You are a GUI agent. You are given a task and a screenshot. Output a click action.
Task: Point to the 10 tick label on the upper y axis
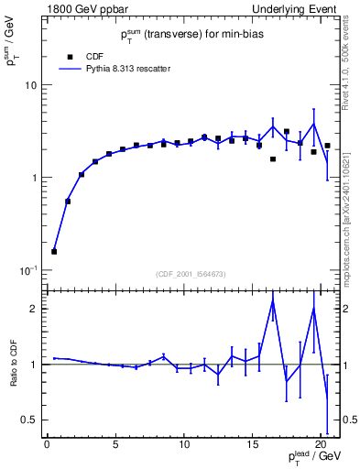30,85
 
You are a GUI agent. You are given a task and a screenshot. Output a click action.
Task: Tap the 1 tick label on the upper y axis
33,178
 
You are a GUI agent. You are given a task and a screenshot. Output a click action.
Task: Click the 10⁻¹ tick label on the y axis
28,270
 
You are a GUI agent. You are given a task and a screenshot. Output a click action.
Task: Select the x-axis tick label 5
115,446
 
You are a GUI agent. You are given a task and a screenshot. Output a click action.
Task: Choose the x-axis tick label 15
253,446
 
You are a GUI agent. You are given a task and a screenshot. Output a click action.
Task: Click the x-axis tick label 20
321,446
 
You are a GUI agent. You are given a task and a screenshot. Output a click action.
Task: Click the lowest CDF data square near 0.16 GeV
54,251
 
